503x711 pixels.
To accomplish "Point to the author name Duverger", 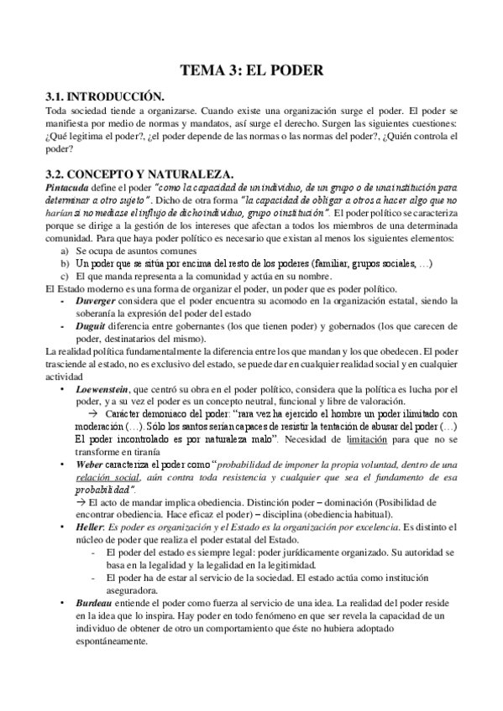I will (98, 299).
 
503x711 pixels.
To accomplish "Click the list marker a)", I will (64, 251).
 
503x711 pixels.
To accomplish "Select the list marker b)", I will (64, 263).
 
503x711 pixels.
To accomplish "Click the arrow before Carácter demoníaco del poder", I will (94, 414).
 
